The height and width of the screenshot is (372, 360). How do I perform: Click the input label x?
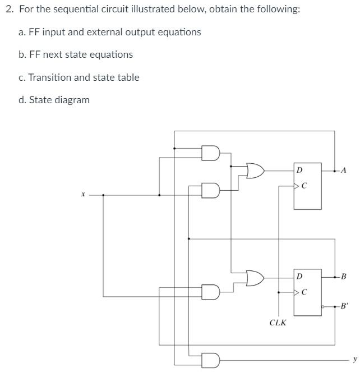click(82, 195)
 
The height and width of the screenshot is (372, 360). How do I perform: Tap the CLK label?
click(278, 323)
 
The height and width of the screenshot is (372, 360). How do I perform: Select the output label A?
click(344, 170)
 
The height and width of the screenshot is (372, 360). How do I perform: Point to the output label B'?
click(344, 306)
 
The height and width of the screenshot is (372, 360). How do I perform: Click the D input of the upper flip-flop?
click(299, 169)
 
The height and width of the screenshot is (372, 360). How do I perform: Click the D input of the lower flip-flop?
click(299, 277)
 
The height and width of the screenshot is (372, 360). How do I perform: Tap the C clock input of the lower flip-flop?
click(303, 292)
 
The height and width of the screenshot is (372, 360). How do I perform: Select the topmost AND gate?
click(210, 153)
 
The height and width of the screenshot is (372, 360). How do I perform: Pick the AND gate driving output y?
click(210, 360)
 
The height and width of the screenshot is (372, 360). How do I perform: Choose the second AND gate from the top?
click(210, 191)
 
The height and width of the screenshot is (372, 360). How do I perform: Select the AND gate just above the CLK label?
click(210, 292)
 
